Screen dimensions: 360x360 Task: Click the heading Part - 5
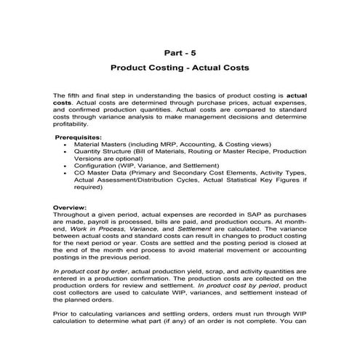[x=180, y=52]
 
